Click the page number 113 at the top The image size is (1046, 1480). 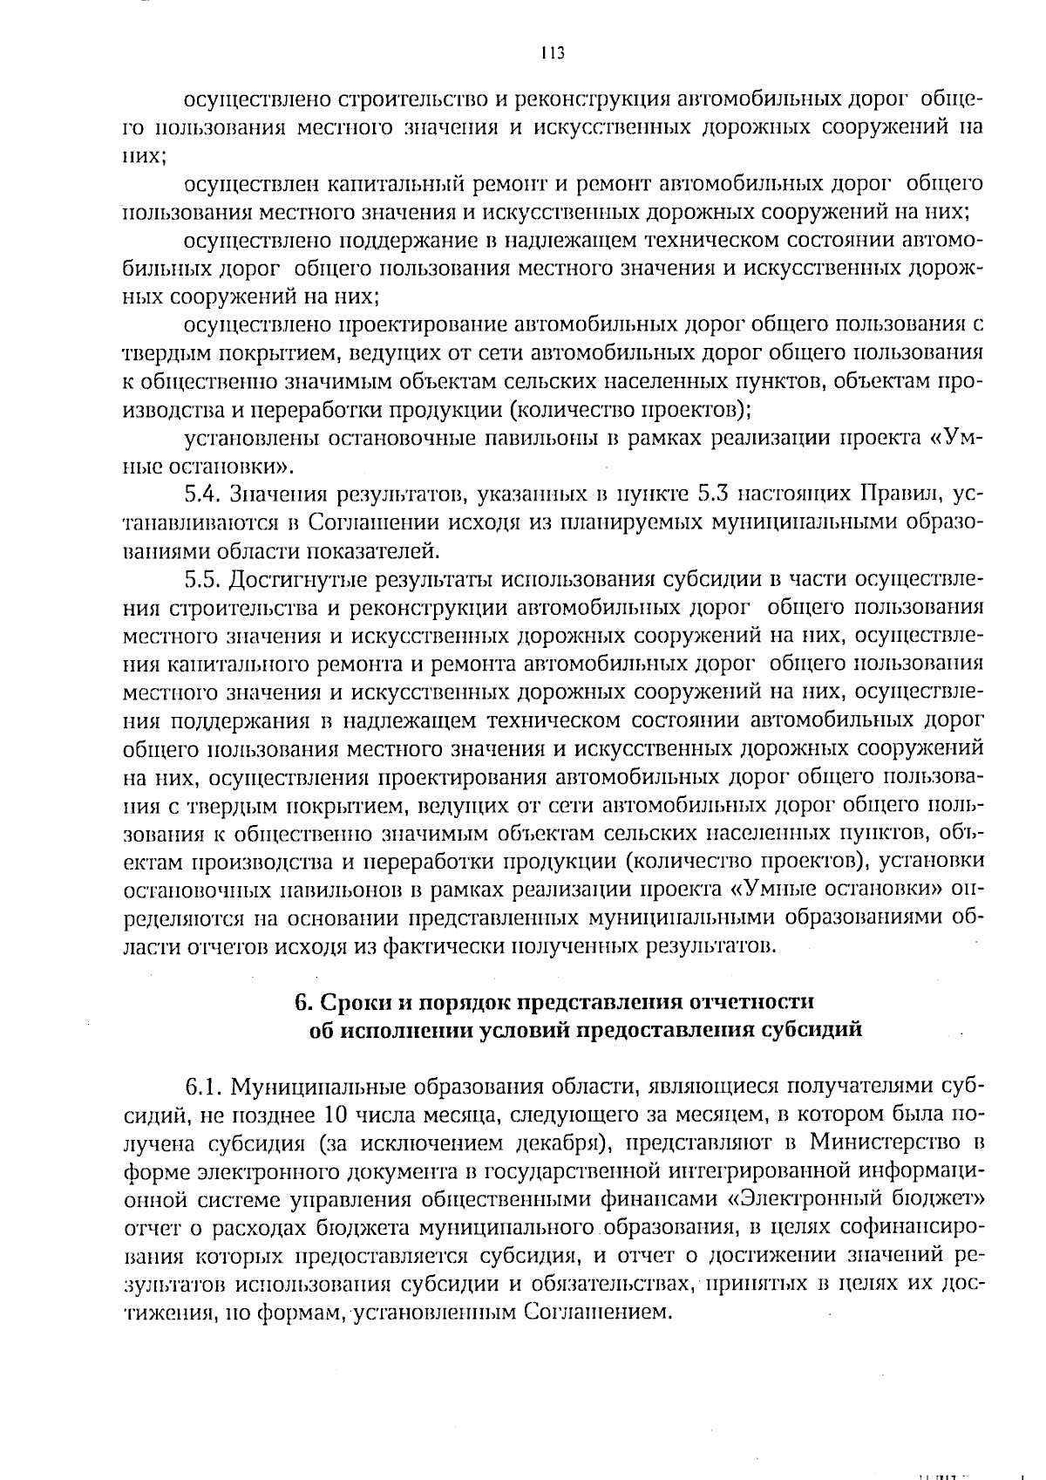(x=553, y=52)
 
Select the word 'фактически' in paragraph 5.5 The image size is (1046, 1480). (x=433, y=945)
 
